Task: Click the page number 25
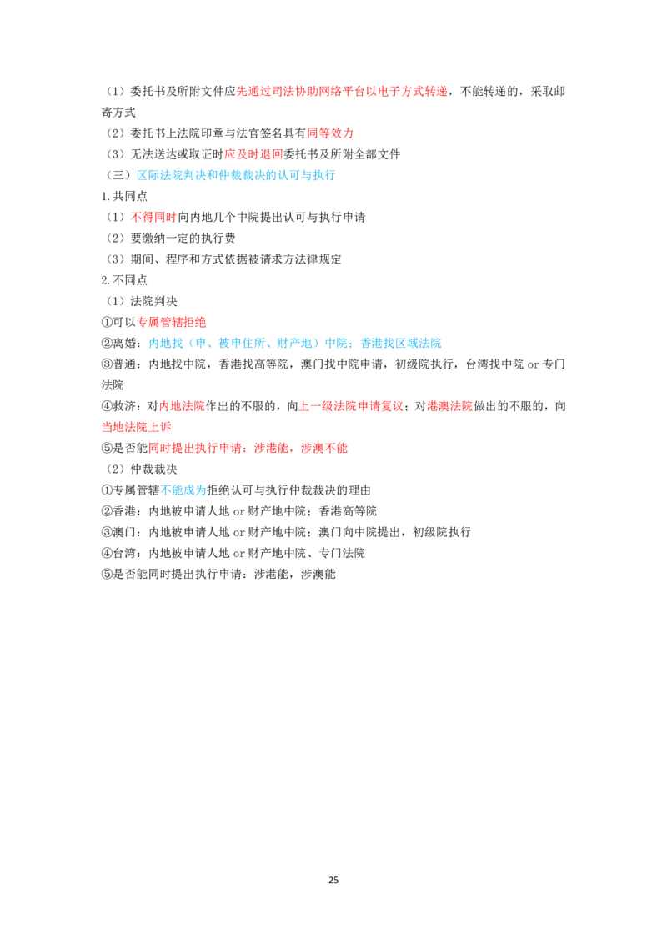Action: (333, 880)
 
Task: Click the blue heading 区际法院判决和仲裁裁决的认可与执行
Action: (236, 175)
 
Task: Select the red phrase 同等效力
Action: (330, 133)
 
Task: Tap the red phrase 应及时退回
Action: (253, 154)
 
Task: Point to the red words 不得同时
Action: (153, 217)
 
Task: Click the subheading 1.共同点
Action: (124, 196)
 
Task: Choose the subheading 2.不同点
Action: (124, 280)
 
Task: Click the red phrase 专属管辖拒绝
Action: (172, 322)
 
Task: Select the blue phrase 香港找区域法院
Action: (401, 344)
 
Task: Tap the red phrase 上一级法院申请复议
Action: (351, 406)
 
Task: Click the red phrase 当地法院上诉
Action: (137, 427)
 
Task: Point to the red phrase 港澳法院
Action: (449, 406)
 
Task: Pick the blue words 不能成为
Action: (183, 490)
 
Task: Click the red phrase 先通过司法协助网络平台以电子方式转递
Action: (342, 91)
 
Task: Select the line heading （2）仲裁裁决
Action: (142, 469)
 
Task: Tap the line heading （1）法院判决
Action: (142, 301)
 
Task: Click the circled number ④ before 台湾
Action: (108, 553)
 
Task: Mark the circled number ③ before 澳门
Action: (108, 532)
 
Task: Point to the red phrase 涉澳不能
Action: (324, 448)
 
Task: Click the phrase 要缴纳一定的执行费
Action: (183, 238)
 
